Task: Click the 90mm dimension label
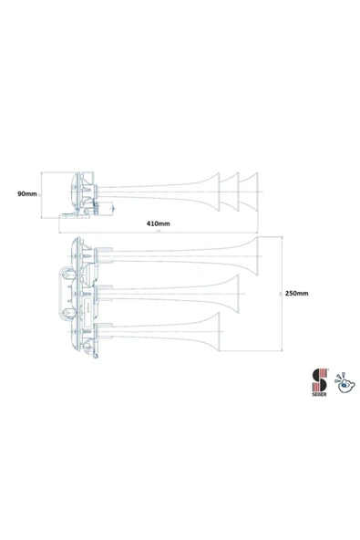pos(26,193)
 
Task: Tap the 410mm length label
pos(159,223)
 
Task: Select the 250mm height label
pos(297,293)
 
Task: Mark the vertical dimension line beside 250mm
pos(280,294)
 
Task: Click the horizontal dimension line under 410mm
pos(159,229)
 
